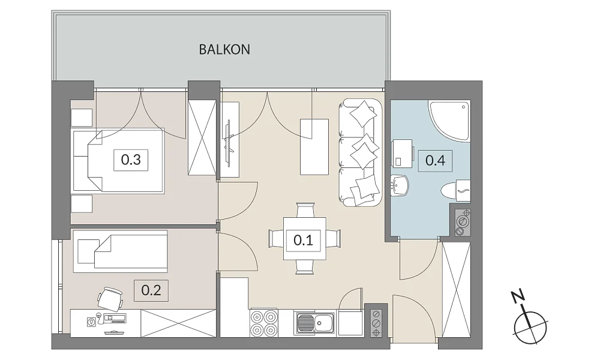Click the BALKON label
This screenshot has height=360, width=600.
[x=224, y=50]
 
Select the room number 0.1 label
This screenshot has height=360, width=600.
[x=303, y=240]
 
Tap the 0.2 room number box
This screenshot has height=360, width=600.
[x=151, y=290]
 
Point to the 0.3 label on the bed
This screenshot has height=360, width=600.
[x=131, y=160]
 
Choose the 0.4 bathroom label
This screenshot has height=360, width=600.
[x=435, y=160]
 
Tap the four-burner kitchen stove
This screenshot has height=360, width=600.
[x=264, y=323]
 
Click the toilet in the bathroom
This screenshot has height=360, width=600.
[x=455, y=190]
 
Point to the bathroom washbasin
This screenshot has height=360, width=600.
[x=400, y=186]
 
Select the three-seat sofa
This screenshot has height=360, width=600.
[x=360, y=152]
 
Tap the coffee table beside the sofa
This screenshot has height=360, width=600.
[x=314, y=147]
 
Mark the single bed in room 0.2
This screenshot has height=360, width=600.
[x=120, y=251]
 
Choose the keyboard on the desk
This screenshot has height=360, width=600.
[x=115, y=318]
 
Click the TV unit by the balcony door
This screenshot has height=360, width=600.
[x=230, y=139]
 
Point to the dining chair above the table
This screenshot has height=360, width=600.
[x=305, y=210]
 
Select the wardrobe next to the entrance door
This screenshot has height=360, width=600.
[x=456, y=290]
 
